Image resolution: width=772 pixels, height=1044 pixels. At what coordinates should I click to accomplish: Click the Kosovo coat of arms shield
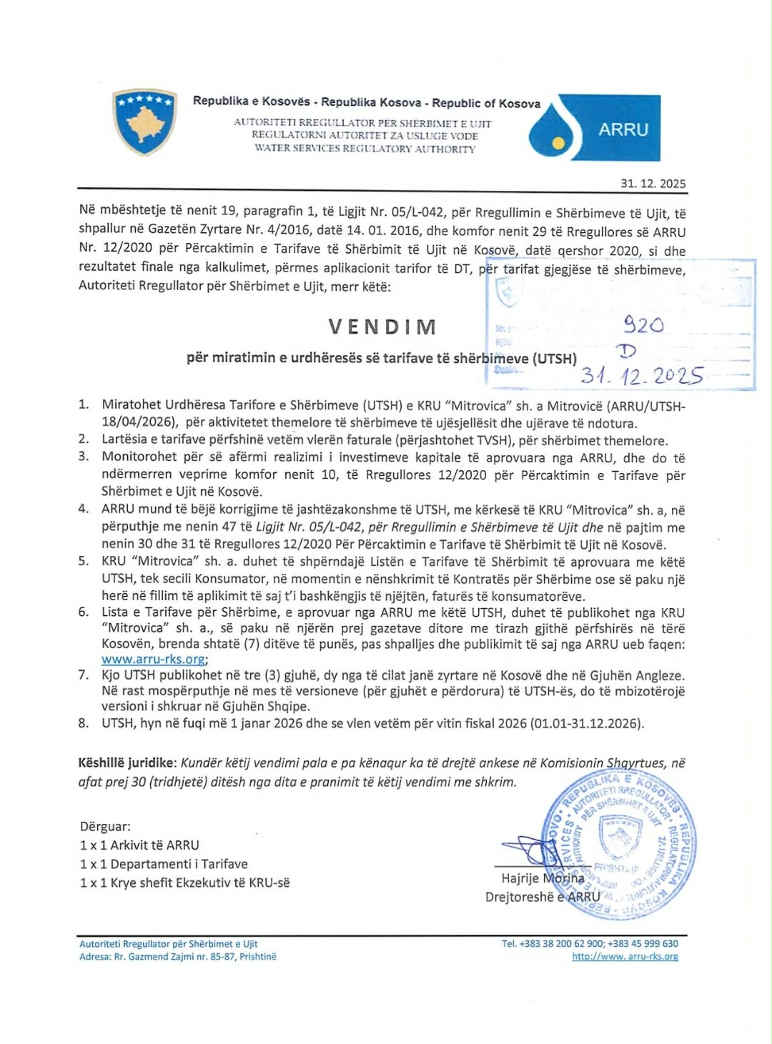[x=144, y=122]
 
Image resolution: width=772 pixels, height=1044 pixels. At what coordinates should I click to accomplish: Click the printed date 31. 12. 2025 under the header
[x=653, y=184]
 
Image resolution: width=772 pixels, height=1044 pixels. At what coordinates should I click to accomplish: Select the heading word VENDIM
[x=382, y=327]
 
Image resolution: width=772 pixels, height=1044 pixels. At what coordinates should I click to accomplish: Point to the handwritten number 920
[x=643, y=325]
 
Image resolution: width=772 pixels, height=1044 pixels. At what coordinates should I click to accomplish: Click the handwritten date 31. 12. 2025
[x=641, y=376]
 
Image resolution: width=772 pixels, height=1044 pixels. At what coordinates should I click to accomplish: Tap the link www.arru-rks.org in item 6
[x=153, y=660]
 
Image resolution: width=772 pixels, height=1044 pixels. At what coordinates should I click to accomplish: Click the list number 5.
[x=84, y=561]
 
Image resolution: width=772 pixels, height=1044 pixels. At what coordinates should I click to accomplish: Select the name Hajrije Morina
[x=543, y=878]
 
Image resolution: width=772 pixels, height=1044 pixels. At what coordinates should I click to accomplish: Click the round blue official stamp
[x=618, y=843]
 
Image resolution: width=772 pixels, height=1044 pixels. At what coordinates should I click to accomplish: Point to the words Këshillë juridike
[x=127, y=763]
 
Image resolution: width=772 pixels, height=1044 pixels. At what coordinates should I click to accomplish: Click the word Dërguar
[x=105, y=827]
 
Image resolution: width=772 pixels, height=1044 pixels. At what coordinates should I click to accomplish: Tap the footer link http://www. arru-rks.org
[x=625, y=956]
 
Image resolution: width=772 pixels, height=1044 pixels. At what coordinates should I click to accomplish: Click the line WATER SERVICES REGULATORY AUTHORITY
[x=365, y=149]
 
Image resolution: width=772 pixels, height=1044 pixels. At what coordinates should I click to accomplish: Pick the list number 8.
[x=84, y=723]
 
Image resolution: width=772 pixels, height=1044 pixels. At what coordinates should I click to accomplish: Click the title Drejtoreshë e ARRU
[x=543, y=897]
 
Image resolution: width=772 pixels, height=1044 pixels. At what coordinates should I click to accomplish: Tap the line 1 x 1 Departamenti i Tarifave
[x=164, y=864]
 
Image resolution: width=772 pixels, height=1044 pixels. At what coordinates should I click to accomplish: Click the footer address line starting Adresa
[x=177, y=956]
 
